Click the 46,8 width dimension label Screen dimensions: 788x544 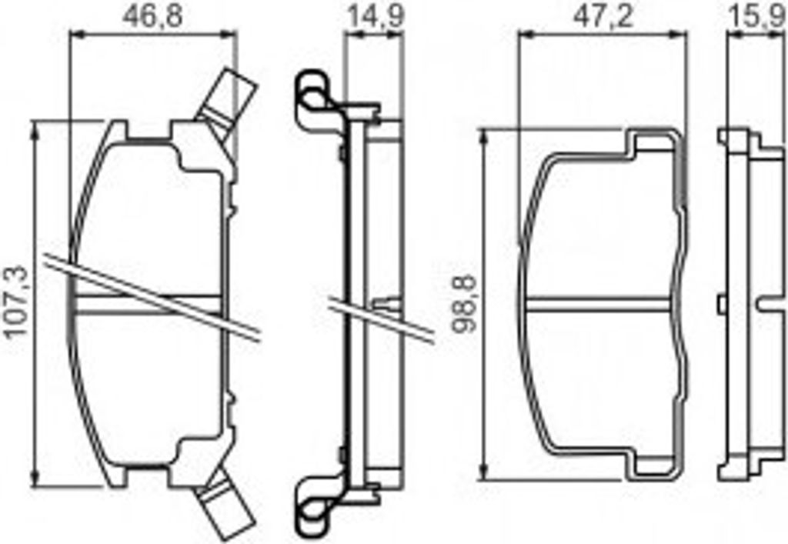point(153,16)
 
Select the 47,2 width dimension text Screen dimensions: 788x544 point(603,16)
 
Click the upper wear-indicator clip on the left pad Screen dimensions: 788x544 point(225,106)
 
